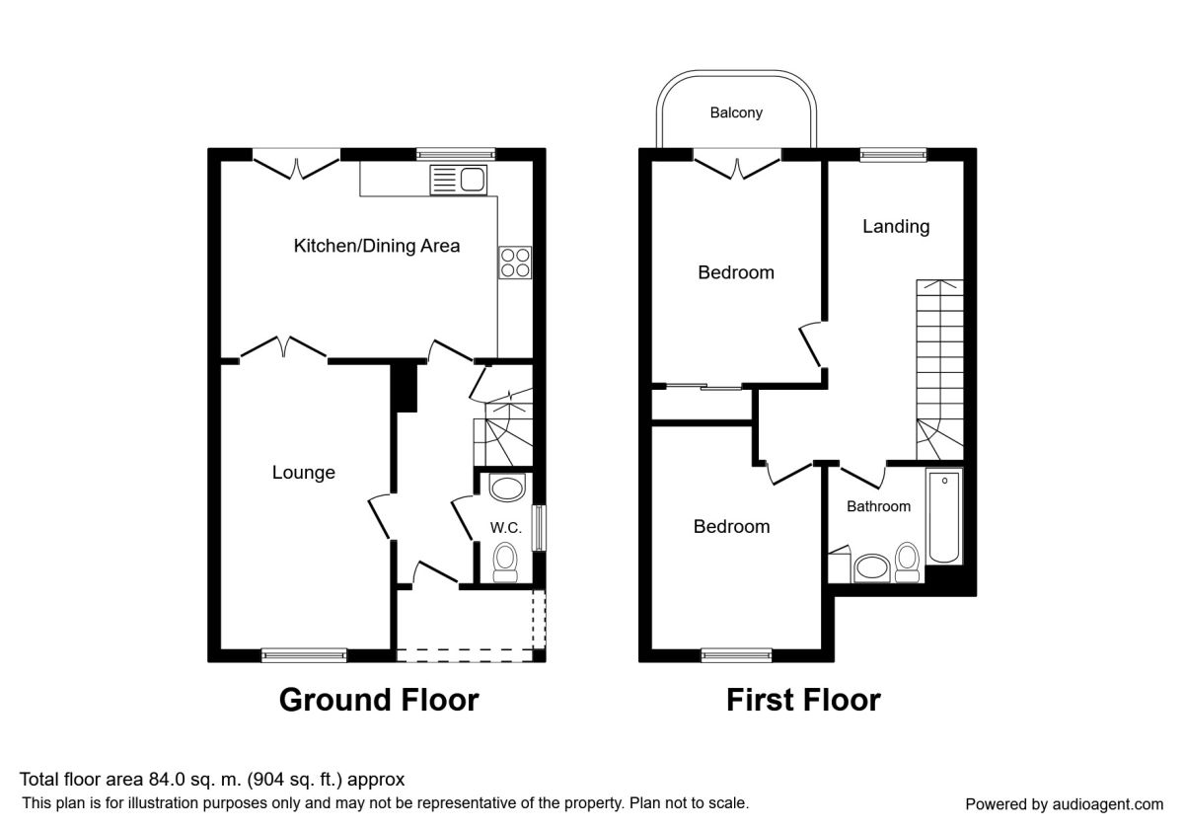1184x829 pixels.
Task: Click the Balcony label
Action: [x=736, y=113]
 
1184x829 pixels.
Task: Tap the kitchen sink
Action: [x=458, y=180]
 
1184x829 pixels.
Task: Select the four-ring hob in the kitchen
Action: [x=515, y=263]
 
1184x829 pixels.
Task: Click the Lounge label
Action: [x=304, y=472]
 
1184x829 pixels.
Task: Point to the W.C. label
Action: [x=505, y=527]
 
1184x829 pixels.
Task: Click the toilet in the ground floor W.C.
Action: [x=505, y=564]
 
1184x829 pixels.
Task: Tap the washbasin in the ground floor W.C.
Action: [x=507, y=488]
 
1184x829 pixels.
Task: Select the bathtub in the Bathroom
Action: [x=944, y=516]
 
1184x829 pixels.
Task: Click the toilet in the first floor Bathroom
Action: [x=908, y=563]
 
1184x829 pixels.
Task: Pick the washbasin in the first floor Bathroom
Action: [x=872, y=568]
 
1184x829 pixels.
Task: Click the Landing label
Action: [x=896, y=226]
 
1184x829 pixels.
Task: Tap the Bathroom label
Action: [x=878, y=506]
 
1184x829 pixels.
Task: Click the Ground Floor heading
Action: [x=379, y=700]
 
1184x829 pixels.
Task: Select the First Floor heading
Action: [x=803, y=700]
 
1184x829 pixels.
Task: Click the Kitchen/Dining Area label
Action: [x=376, y=246]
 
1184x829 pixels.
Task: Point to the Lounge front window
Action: [x=304, y=655]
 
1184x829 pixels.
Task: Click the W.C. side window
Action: [x=539, y=528]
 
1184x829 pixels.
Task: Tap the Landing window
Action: [x=893, y=154]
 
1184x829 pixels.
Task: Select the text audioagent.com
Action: [x=1107, y=804]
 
